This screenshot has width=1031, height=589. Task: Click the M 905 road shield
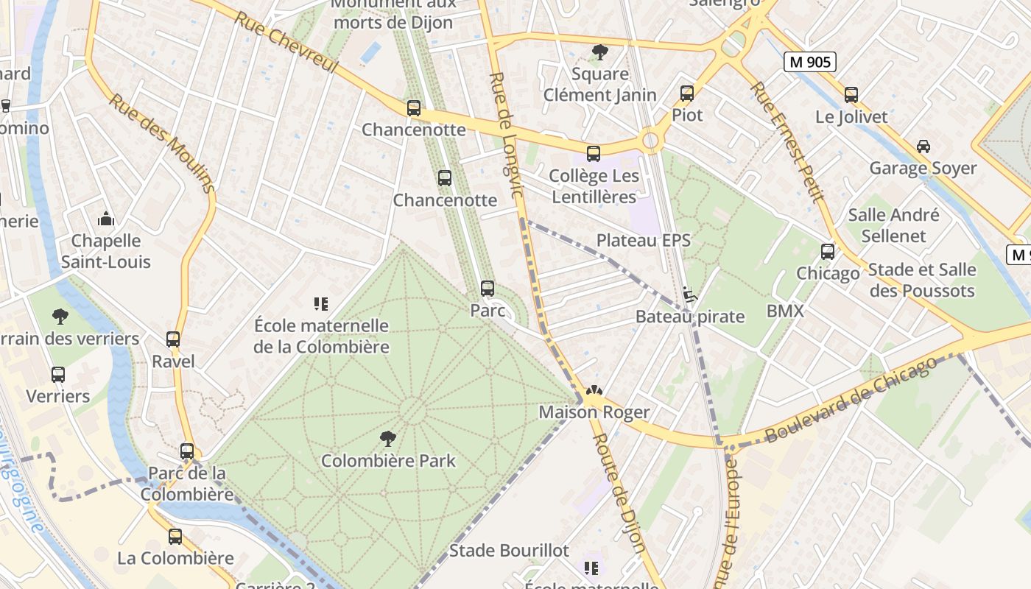pyautogui.click(x=810, y=62)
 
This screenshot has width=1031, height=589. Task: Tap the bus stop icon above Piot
pyautogui.click(x=687, y=94)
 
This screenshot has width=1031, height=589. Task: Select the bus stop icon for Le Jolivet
pyautogui.click(x=851, y=95)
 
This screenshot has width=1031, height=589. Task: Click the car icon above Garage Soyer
pyautogui.click(x=923, y=147)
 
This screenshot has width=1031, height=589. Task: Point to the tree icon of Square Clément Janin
pyautogui.click(x=600, y=52)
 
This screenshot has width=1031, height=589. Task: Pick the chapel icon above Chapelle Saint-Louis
pyautogui.click(x=107, y=219)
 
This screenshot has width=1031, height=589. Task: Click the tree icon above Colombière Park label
pyautogui.click(x=387, y=440)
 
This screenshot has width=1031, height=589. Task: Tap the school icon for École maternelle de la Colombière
pyautogui.click(x=320, y=303)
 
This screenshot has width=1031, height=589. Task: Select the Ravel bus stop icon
pyautogui.click(x=173, y=339)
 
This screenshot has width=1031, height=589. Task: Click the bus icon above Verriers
pyautogui.click(x=58, y=375)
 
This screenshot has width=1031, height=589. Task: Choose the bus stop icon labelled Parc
pyautogui.click(x=487, y=289)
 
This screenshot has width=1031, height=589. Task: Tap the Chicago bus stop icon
pyautogui.click(x=828, y=252)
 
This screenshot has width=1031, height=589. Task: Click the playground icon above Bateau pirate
pyautogui.click(x=690, y=294)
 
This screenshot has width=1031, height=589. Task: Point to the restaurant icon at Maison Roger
pyautogui.click(x=594, y=391)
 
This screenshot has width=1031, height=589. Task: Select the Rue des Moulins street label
pyautogui.click(x=163, y=143)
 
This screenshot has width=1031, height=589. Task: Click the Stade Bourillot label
pyautogui.click(x=509, y=551)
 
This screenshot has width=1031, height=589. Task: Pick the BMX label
pyautogui.click(x=785, y=311)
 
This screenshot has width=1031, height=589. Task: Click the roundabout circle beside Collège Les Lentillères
pyautogui.click(x=650, y=141)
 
